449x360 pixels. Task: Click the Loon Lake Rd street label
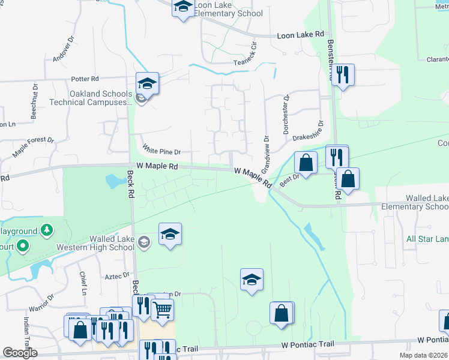pos(300,35)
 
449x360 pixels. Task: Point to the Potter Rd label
pos(84,79)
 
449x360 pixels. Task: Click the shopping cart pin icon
pos(162,310)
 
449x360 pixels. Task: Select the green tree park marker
pos(46,230)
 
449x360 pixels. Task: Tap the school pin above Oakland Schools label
pos(147,82)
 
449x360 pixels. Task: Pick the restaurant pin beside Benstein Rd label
pos(343,74)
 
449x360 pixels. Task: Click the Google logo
pos(20,353)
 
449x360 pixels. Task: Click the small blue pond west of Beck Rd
pos(113,180)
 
